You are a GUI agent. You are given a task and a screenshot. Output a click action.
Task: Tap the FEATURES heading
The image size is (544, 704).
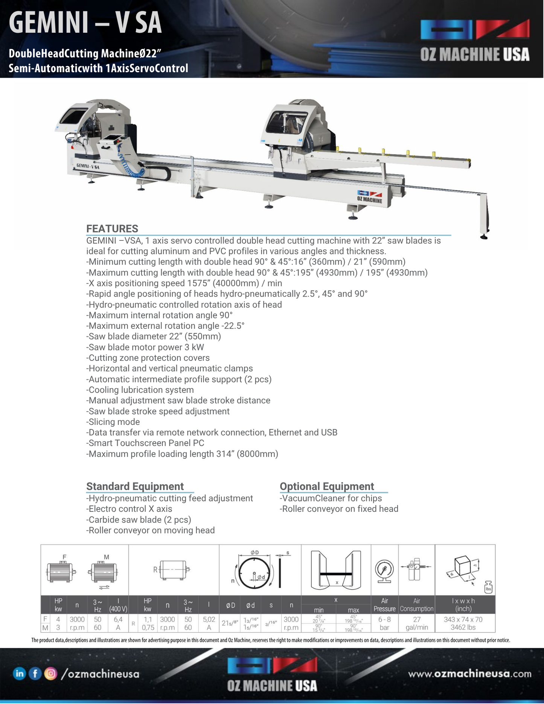(112, 229)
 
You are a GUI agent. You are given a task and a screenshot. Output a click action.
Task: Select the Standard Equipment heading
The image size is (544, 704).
(135, 487)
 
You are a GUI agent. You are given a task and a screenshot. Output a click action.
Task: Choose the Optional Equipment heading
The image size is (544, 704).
(327, 487)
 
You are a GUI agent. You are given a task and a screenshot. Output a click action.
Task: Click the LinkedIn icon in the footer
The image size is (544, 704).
(19, 673)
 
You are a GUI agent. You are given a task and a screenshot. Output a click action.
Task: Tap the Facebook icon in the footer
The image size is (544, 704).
(35, 673)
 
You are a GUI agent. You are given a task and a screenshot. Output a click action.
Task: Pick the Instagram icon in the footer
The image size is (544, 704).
(50, 673)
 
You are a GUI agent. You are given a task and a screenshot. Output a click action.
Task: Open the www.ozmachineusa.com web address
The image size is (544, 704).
(470, 674)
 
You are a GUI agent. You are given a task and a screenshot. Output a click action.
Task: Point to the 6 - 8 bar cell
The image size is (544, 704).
(384, 623)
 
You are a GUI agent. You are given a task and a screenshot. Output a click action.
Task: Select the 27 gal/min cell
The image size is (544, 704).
(417, 623)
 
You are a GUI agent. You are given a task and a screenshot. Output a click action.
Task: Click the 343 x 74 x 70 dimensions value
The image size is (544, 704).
(463, 620)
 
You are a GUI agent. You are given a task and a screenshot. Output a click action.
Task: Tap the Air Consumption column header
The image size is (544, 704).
(417, 605)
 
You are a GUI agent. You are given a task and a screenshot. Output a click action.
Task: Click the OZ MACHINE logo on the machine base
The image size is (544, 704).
(370, 197)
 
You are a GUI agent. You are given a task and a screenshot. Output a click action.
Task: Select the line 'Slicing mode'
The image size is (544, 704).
(113, 422)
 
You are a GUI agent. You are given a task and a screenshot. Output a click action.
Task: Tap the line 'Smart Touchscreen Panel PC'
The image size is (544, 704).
(145, 443)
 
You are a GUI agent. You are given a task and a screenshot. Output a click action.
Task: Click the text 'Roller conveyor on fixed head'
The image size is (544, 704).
(339, 509)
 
